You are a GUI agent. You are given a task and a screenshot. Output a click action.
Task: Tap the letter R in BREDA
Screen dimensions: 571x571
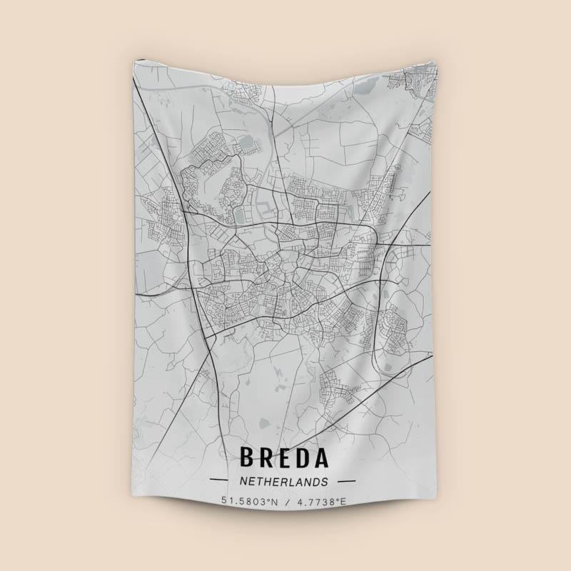[x=268, y=458]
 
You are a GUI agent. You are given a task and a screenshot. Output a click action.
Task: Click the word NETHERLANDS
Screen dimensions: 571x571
[x=284, y=482]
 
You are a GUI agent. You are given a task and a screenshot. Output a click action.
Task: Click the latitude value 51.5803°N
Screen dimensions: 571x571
[x=249, y=502]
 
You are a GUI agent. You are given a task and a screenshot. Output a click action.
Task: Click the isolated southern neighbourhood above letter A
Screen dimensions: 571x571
[x=332, y=385]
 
